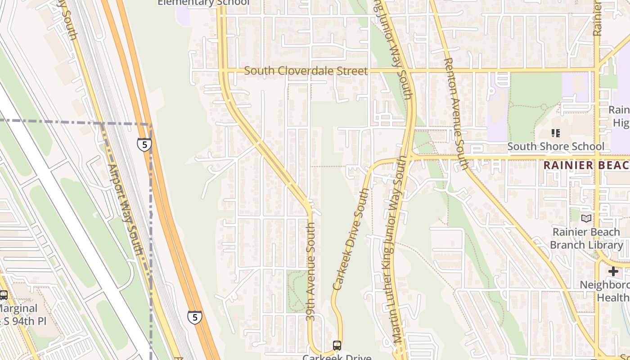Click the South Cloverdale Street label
[x=306, y=71]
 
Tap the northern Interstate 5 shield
[x=144, y=144]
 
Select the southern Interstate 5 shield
[x=194, y=317]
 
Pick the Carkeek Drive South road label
[x=351, y=239]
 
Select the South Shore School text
[x=556, y=147]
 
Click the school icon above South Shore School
[x=556, y=133]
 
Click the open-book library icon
[x=586, y=219]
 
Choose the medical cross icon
[x=613, y=271]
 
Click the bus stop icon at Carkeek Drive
[x=337, y=346]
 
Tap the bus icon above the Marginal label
[x=4, y=296]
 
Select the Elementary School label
[x=203, y=3]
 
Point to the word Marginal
[x=18, y=309]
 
